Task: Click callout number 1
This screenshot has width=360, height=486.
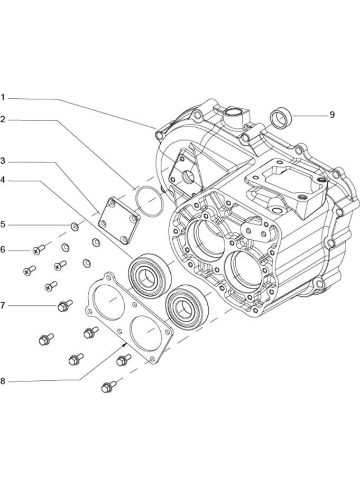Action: coord(3,97)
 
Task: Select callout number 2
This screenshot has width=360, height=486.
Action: coord(3,119)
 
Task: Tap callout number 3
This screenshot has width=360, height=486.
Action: coord(3,161)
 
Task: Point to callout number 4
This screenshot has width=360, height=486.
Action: coord(3,180)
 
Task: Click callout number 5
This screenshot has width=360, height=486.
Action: coord(3,225)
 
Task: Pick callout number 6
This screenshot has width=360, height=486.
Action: coord(3,249)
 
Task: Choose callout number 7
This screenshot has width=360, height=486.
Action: coord(3,305)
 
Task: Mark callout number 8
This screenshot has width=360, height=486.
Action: coord(3,381)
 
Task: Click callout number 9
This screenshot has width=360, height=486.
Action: coord(332,115)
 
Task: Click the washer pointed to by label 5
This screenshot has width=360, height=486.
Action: coord(75,227)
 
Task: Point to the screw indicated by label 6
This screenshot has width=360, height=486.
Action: coord(39,249)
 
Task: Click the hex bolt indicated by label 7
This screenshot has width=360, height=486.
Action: coord(64,306)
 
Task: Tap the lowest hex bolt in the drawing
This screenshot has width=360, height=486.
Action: coord(108,387)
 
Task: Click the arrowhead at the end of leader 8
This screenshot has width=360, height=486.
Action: coord(125,343)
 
